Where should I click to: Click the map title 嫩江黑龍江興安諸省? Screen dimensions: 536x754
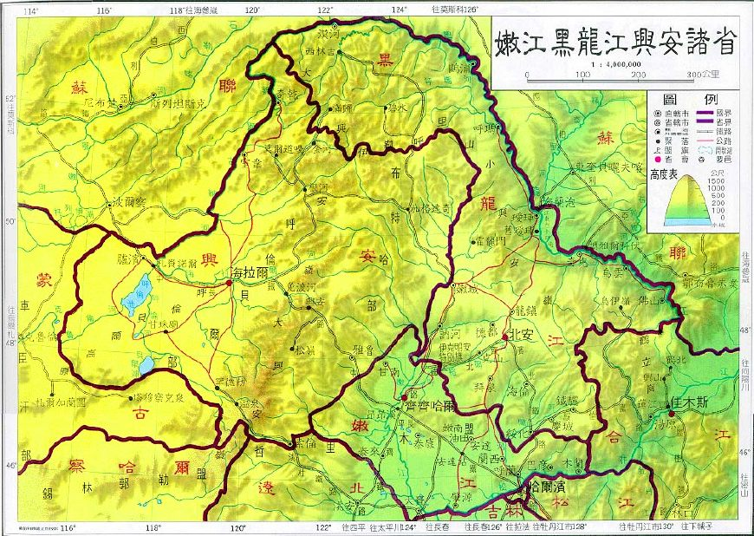click(x=617, y=42)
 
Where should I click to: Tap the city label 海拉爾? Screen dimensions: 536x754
click(x=250, y=272)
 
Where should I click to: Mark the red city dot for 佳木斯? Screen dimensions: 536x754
click(x=672, y=414)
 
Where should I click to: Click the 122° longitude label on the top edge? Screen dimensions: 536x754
click(x=326, y=9)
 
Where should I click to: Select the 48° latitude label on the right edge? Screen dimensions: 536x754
click(x=745, y=329)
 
